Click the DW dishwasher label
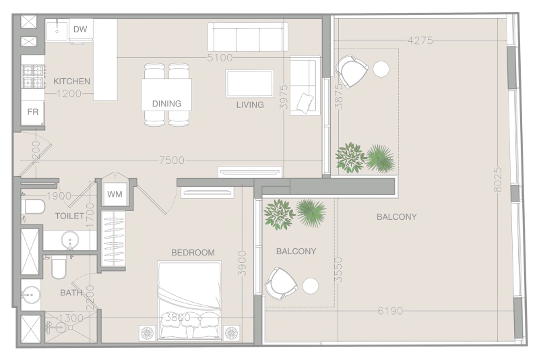pyautogui.click(x=80, y=29)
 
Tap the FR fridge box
pyautogui.click(x=32, y=112)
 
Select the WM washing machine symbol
pyautogui.click(x=115, y=194)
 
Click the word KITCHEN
pyautogui.click(x=71, y=82)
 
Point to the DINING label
pyautogui.click(x=166, y=104)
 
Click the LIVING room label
pyautogui.click(x=249, y=104)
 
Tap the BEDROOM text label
pyautogui.click(x=193, y=253)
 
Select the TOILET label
pyautogui.click(x=69, y=216)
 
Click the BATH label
pyautogui.click(x=71, y=293)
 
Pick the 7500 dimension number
pyautogui.click(x=172, y=160)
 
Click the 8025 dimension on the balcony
pyautogui.click(x=497, y=180)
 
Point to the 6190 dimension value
pyautogui.click(x=389, y=311)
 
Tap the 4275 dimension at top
pyautogui.click(x=420, y=40)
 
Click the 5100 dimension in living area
pyautogui.click(x=220, y=58)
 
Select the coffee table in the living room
pyautogui.click(x=249, y=84)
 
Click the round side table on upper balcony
pyautogui.click(x=381, y=69)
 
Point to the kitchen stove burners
pyautogui.click(x=32, y=76)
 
